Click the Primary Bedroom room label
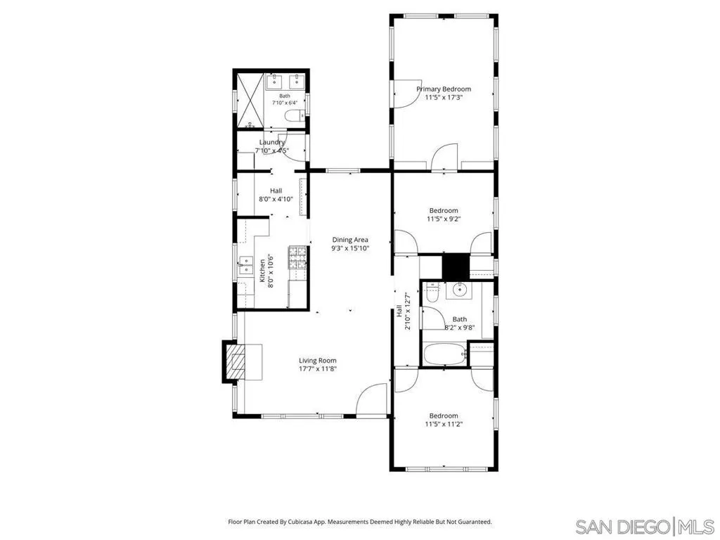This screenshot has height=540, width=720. coord(444,89)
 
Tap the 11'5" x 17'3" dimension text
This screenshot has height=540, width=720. coord(444,97)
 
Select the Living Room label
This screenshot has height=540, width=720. coord(318,361)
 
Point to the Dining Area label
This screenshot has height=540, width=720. coord(350,240)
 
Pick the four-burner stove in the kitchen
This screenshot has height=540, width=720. coord(297,257)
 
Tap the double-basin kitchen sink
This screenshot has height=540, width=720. coord(245,265)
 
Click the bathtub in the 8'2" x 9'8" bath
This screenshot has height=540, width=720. coord(444,355)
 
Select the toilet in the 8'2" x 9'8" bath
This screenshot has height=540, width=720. coord(432,292)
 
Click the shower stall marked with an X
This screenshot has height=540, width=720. coord(250,100)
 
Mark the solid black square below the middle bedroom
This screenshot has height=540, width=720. coord(456,266)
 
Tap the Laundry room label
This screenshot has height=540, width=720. coord(272,142)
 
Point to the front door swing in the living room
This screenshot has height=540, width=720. coord(371,400)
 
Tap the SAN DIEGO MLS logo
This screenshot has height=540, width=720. coord(645,526)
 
